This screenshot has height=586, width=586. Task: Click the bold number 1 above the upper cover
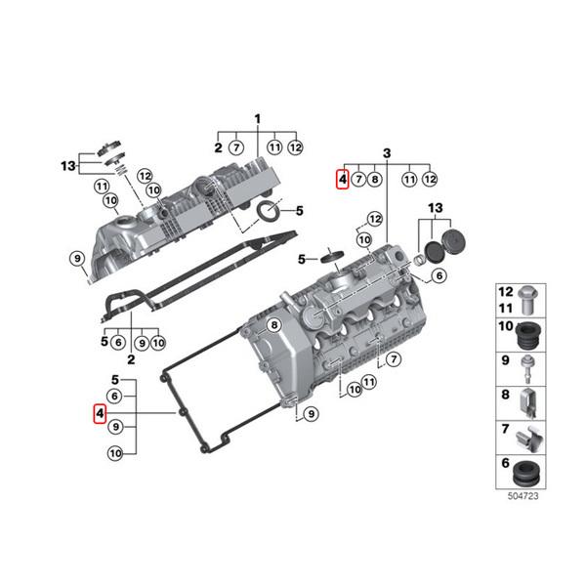pos(258,118)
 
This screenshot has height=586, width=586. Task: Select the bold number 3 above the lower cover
pos(387,153)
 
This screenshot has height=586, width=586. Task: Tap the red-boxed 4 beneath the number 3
pos(341,179)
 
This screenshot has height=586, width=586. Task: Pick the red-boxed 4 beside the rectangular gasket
pos(97,414)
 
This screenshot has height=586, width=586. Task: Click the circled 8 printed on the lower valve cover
pos(274,324)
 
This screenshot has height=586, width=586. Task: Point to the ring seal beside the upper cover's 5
pos(267,212)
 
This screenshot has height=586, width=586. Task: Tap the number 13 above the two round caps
pos(436,209)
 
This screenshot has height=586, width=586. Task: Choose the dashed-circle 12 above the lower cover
pos(375,217)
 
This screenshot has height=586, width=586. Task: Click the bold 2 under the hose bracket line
pos(130,358)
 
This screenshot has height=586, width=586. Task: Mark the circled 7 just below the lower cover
pos(394,360)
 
